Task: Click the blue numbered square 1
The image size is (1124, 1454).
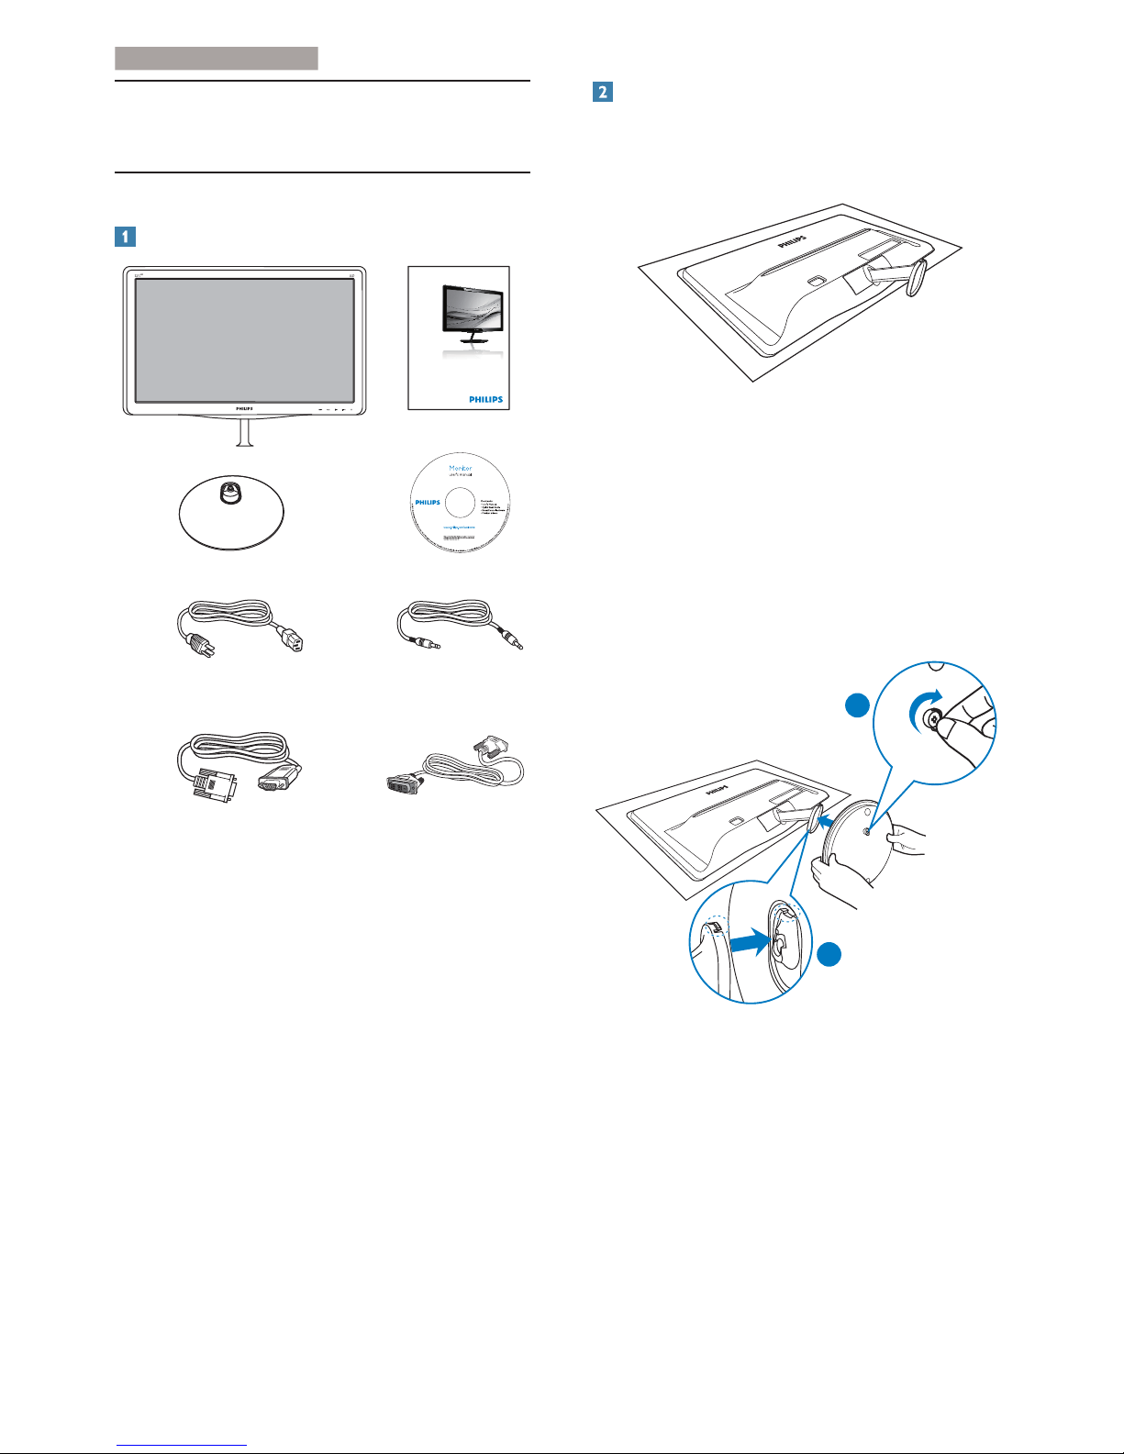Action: (125, 237)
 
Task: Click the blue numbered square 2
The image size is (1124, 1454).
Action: (602, 92)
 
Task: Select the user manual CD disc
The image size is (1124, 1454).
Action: (461, 503)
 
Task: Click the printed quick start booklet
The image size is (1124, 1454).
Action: (458, 339)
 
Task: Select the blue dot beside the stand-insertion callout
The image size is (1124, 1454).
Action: (829, 955)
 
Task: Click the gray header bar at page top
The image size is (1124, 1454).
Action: (217, 59)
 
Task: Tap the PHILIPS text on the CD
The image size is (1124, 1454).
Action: (428, 503)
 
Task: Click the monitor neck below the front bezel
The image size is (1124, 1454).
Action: (244, 433)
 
